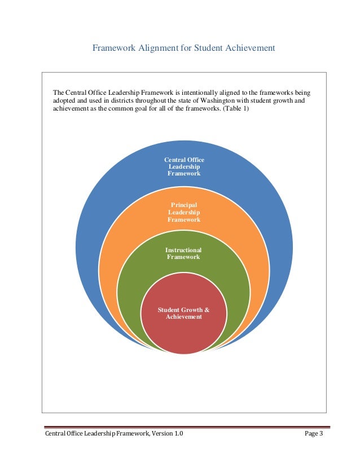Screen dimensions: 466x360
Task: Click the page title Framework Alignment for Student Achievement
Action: click(x=184, y=49)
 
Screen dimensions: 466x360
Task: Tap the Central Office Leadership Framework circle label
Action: click(x=184, y=167)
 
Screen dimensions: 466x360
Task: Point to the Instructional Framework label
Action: click(x=184, y=253)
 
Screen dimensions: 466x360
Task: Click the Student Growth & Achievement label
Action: click(x=184, y=314)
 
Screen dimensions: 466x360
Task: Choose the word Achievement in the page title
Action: click(x=250, y=49)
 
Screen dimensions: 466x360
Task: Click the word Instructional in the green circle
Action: click(x=183, y=250)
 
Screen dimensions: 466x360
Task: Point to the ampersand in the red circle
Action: click(x=207, y=310)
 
